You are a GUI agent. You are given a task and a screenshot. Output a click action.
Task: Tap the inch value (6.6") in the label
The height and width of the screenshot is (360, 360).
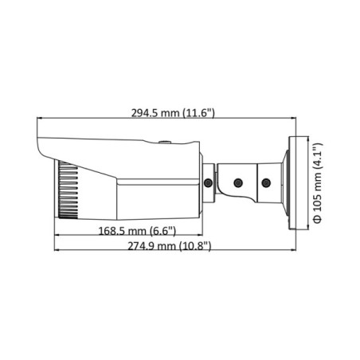(x=162, y=230)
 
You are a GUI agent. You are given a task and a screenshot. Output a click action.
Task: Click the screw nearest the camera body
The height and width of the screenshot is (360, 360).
(x=208, y=184)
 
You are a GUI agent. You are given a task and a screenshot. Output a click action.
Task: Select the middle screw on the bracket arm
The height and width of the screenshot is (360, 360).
(x=237, y=184)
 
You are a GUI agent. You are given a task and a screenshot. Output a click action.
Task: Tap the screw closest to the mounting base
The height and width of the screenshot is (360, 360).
(x=267, y=184)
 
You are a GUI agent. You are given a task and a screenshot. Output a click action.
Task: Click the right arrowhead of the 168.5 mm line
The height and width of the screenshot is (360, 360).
(x=199, y=237)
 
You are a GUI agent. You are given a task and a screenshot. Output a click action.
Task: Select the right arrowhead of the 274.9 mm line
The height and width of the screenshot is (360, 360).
(x=294, y=254)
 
